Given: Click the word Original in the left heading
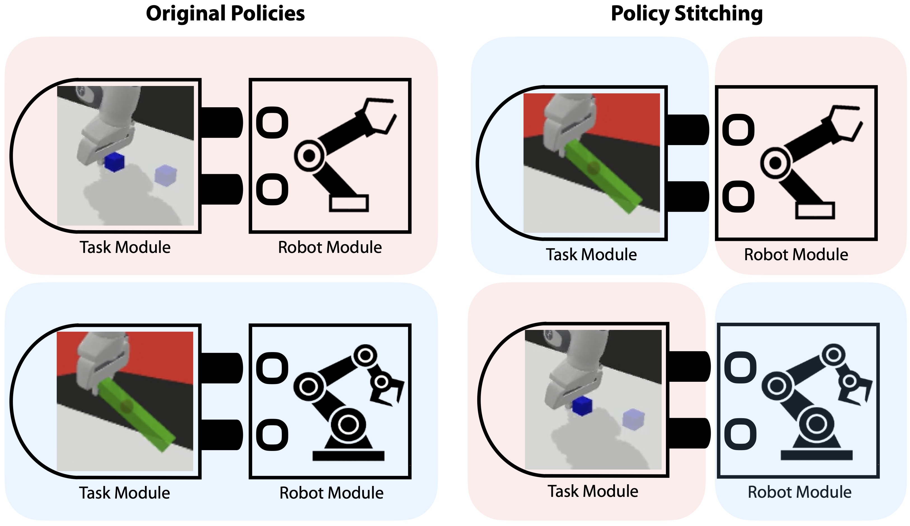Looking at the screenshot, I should [186, 14].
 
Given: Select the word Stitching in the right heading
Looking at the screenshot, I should [718, 14].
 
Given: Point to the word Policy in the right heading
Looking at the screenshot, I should [640, 14].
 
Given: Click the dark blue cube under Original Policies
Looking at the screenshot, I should [114, 162].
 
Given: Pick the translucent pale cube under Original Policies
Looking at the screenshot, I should [165, 174].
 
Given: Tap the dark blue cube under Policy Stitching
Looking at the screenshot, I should [582, 405].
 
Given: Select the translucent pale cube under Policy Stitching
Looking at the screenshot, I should [633, 419].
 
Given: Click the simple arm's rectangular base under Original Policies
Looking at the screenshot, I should [349, 203].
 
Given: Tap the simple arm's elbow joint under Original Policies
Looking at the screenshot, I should [309, 156].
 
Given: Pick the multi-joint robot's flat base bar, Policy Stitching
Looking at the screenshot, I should [817, 455].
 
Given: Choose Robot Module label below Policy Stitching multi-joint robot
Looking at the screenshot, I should [799, 492].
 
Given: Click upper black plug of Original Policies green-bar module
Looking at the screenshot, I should [221, 368].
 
